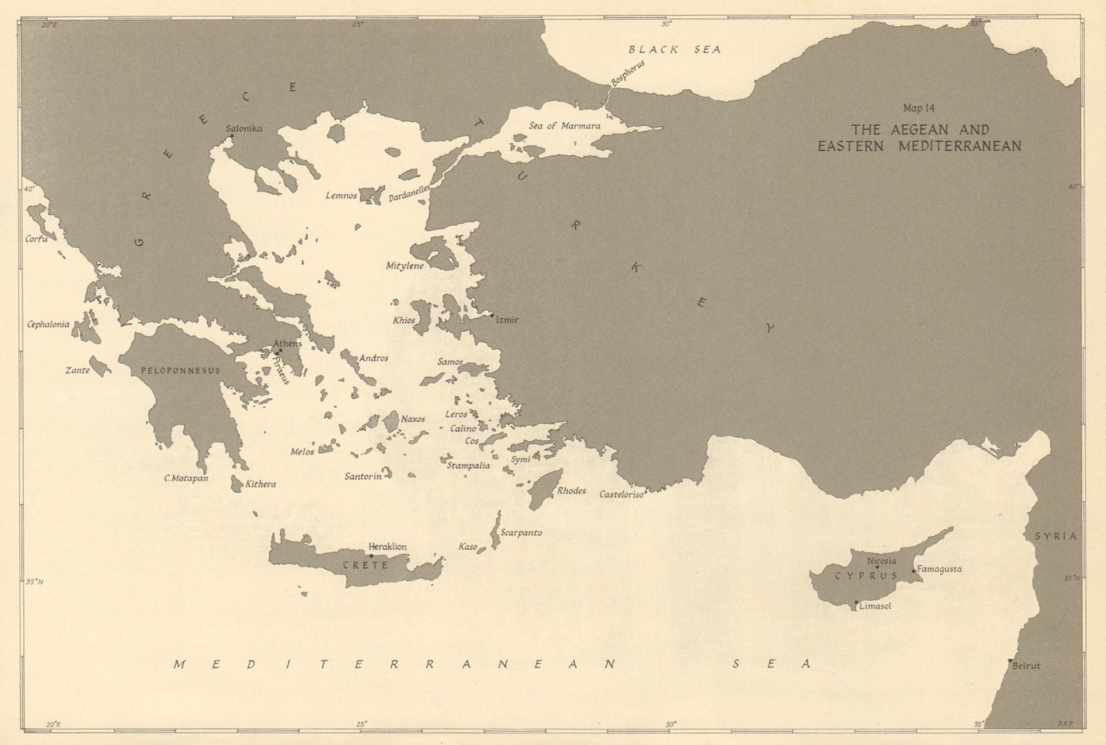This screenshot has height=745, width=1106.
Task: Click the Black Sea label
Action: [675, 49]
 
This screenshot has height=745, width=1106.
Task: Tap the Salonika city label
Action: [244, 129]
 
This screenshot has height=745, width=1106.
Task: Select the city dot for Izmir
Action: [491, 315]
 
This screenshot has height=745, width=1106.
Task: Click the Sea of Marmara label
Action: [564, 126]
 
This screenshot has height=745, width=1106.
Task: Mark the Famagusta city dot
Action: [914, 571]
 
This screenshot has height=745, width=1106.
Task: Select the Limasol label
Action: [875, 606]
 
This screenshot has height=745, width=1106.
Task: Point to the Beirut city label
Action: [1026, 666]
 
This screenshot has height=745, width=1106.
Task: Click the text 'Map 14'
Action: [919, 108]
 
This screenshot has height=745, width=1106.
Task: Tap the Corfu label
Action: [36, 239]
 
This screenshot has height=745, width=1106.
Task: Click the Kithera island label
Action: [261, 484]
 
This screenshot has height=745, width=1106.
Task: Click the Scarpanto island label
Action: [522, 533]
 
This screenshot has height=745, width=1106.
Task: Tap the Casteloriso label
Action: [621, 494]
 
